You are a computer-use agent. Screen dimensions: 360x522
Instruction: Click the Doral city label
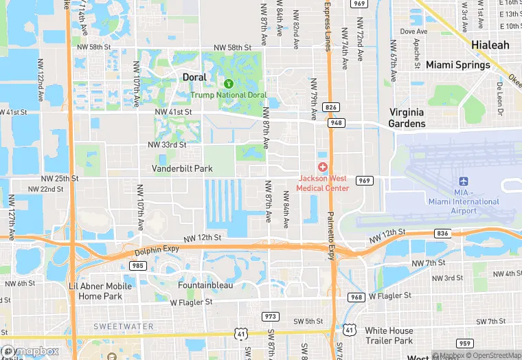tap(194, 78)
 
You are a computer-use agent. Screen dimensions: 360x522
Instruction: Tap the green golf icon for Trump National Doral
tap(229, 83)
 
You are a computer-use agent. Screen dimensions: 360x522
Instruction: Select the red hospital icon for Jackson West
tap(322, 168)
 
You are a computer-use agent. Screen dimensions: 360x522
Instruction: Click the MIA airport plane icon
tap(463, 181)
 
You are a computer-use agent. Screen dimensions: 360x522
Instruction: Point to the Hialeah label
tap(490, 45)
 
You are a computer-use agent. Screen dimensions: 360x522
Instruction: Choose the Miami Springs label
tap(458, 65)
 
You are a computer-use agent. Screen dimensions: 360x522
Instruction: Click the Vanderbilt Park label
tap(182, 168)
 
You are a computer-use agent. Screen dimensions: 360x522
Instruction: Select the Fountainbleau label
tap(205, 285)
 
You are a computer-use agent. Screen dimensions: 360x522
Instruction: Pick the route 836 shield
tap(442, 234)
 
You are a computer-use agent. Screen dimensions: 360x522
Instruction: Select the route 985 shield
tap(137, 265)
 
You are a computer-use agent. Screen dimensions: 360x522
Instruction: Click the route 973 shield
tap(270, 317)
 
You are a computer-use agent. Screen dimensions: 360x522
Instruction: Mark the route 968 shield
tap(356, 297)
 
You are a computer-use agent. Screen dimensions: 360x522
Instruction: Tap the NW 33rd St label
tap(167, 145)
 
